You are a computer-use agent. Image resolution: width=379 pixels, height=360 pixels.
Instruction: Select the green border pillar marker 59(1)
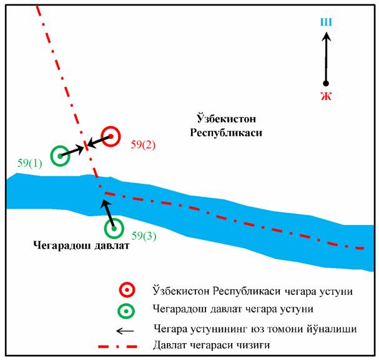click(x=60, y=156)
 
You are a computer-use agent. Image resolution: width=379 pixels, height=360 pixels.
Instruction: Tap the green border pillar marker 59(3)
click(x=114, y=229)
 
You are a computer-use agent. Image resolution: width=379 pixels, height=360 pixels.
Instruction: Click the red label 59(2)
click(x=143, y=144)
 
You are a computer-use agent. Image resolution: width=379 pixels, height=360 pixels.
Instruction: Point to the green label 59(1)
click(x=30, y=163)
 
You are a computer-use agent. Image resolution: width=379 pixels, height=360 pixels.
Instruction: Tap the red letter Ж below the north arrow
click(x=325, y=96)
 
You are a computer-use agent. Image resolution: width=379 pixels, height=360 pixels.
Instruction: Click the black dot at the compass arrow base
click(x=325, y=83)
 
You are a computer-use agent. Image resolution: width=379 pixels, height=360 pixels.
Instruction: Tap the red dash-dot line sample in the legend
click(x=122, y=346)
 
